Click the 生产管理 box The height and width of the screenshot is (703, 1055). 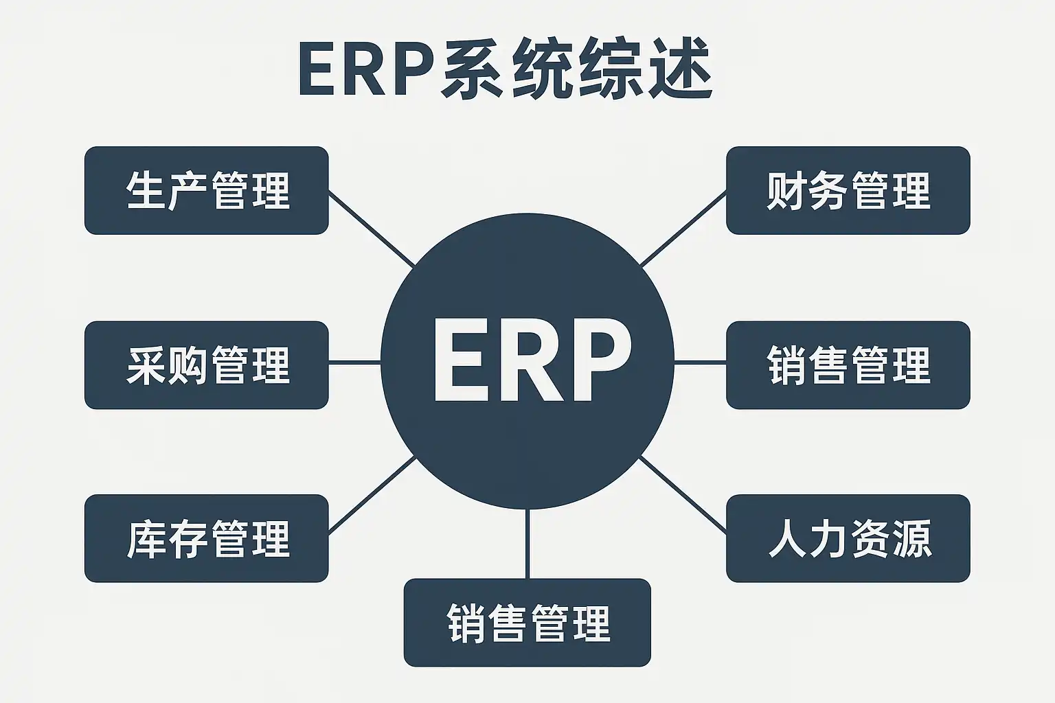coord(206,190)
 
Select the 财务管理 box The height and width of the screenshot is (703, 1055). coord(848,190)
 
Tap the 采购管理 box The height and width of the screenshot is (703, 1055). coord(206,365)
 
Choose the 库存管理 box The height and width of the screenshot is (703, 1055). coord(206,538)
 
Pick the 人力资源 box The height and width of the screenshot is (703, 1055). coord(848,538)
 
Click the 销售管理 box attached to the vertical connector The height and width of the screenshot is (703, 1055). coord(527,622)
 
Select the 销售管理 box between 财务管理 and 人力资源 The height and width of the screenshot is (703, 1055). coord(848,365)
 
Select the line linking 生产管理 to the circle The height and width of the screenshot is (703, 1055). coord(372,229)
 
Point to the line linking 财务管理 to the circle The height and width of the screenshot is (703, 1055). coord(683,229)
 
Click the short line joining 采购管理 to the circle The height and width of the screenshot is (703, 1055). coord(354,362)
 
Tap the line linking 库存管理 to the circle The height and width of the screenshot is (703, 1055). coord(372,496)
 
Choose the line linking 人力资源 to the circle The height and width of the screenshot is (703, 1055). coord(683,496)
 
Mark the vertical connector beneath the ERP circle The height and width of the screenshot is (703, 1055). coord(527,544)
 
